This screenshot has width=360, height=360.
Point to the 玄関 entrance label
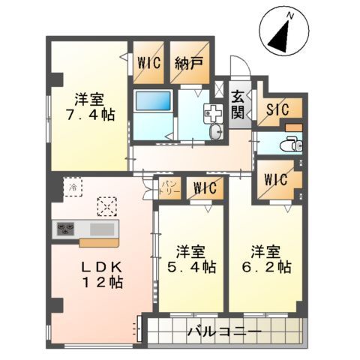tap(237, 104)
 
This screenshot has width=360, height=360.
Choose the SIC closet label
tap(279, 109)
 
